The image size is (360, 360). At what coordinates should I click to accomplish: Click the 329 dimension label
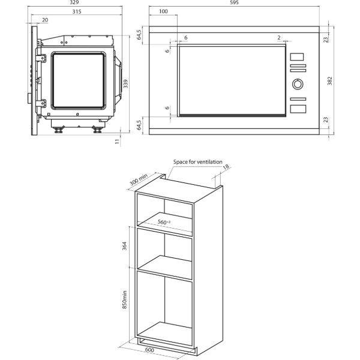click(x=74, y=2)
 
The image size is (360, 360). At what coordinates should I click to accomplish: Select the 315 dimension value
click(x=77, y=11)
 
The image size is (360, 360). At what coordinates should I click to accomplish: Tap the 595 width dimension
click(x=234, y=2)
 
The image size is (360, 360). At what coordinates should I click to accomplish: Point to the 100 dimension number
click(x=163, y=11)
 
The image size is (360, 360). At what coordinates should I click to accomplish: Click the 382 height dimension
click(x=329, y=81)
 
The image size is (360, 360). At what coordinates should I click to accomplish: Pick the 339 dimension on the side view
click(x=125, y=84)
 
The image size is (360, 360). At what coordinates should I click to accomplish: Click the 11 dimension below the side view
click(x=118, y=142)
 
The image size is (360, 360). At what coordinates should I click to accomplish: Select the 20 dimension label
click(x=45, y=20)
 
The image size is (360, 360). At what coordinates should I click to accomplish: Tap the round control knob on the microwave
click(x=298, y=84)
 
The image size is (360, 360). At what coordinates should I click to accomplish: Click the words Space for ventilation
click(x=197, y=162)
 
